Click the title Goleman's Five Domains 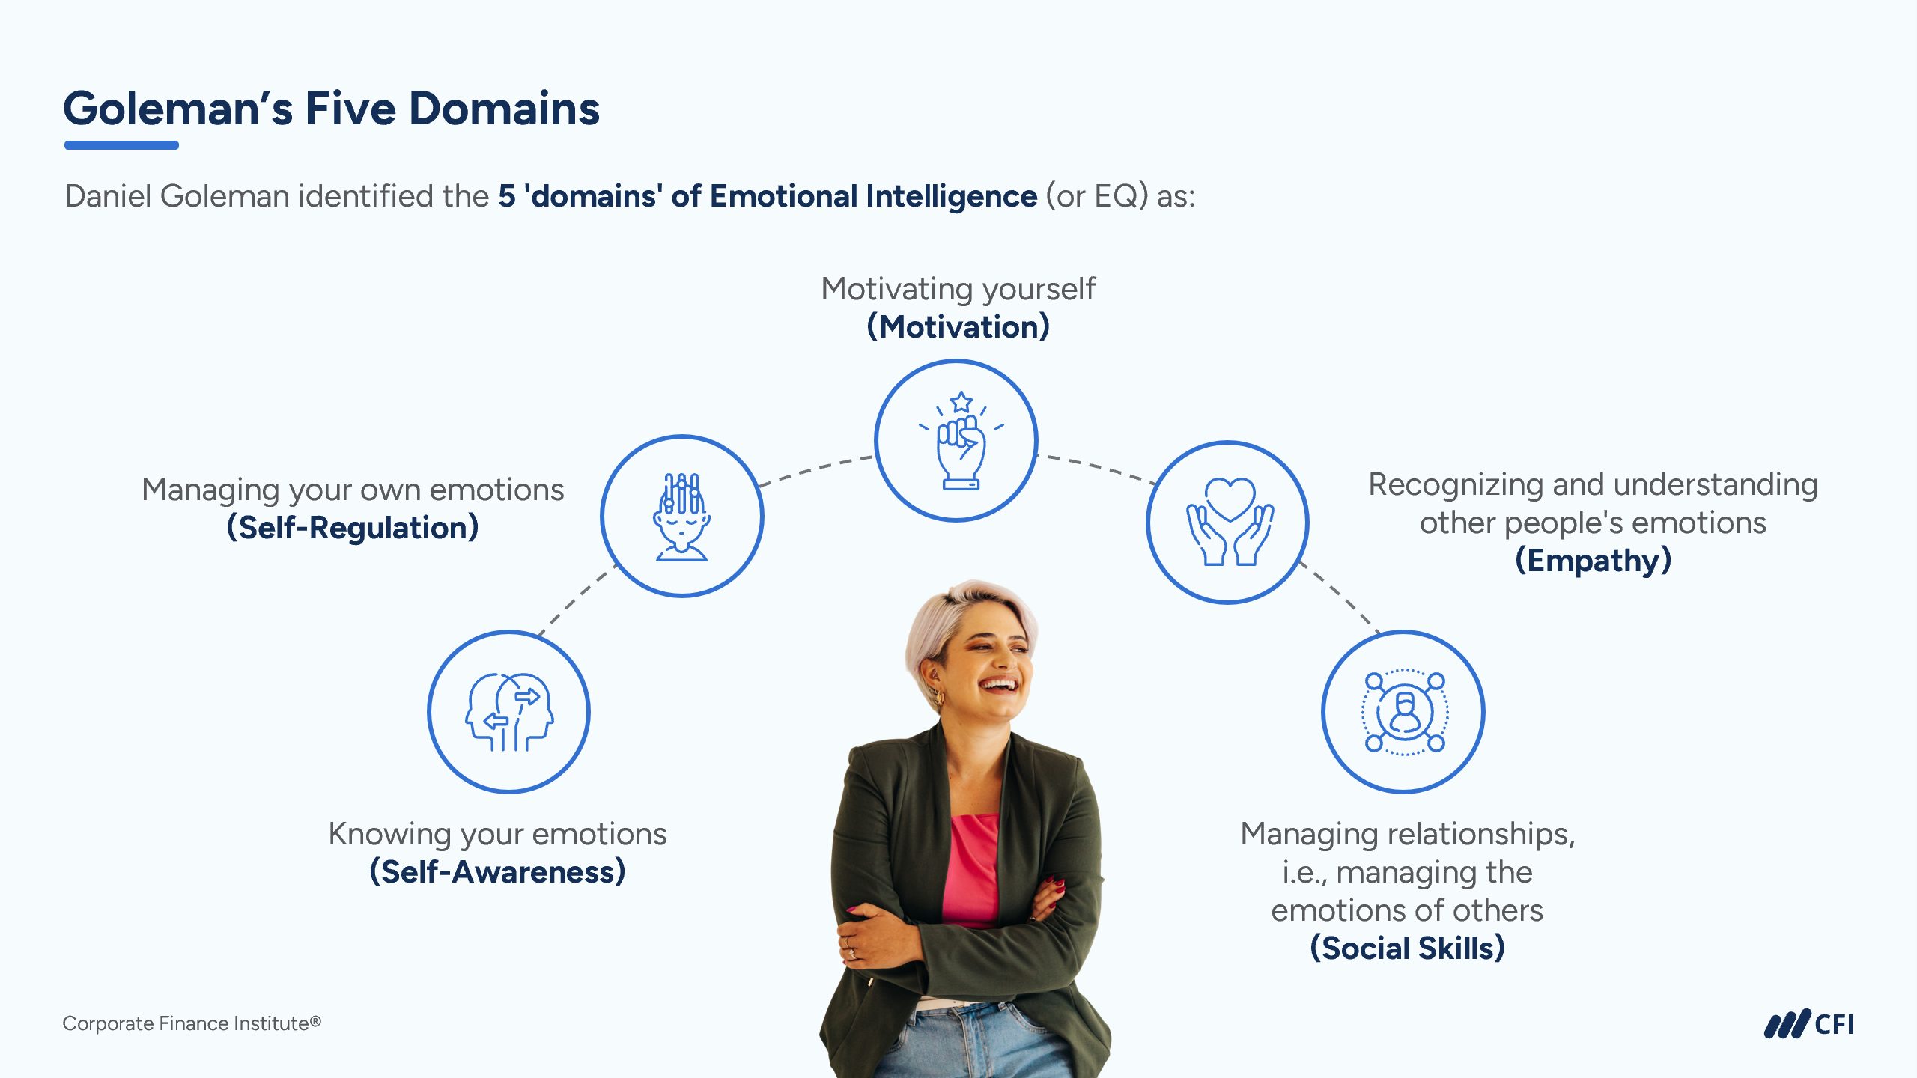[331, 109]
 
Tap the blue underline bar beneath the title [121, 145]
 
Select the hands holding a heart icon [1230, 521]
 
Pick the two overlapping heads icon [509, 711]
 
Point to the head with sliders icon [681, 517]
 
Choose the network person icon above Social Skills [1404, 712]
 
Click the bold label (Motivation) [958, 327]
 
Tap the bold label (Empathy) [1594, 561]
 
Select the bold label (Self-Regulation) [353, 528]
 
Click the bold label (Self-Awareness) [497, 872]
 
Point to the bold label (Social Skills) [1408, 948]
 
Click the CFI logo [1809, 1024]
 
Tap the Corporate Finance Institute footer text [192, 1023]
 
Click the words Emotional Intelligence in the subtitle [873, 196]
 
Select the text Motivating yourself [958, 289]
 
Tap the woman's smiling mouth [1000, 684]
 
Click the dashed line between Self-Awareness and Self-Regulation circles [578, 600]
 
